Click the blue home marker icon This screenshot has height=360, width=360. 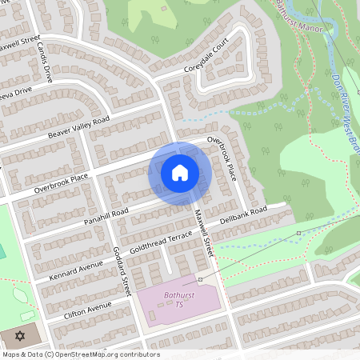(x=180, y=173)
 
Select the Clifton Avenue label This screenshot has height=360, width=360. (x=80, y=310)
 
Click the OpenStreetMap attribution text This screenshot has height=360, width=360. (x=80, y=354)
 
